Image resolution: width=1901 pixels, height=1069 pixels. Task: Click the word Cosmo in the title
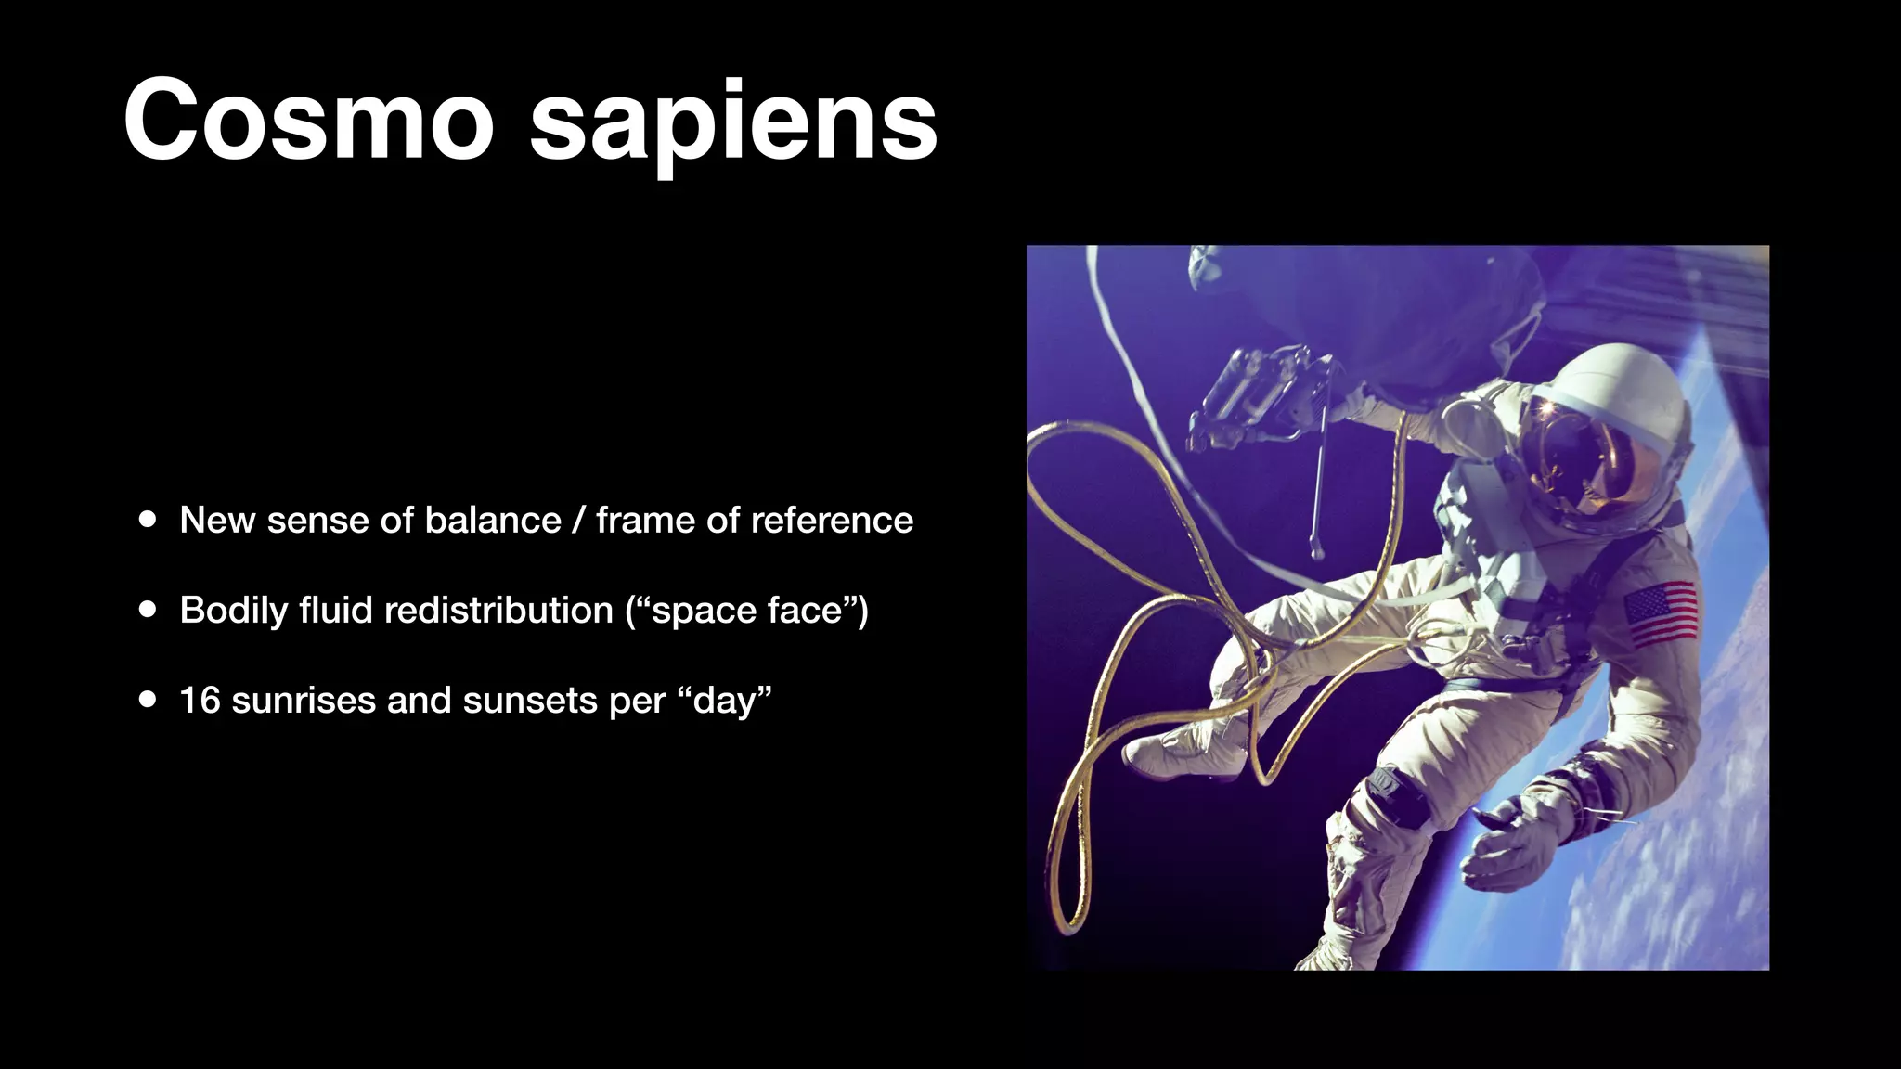pyautogui.click(x=307, y=121)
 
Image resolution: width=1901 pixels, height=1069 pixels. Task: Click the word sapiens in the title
pyautogui.click(x=733, y=125)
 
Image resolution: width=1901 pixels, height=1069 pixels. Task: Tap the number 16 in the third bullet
pyautogui.click(x=200, y=701)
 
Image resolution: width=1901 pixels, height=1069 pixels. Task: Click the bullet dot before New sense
pyautogui.click(x=148, y=520)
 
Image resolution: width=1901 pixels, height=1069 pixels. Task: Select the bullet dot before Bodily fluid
pyautogui.click(x=148, y=611)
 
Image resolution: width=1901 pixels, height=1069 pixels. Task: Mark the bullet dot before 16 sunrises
pyautogui.click(x=148, y=700)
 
